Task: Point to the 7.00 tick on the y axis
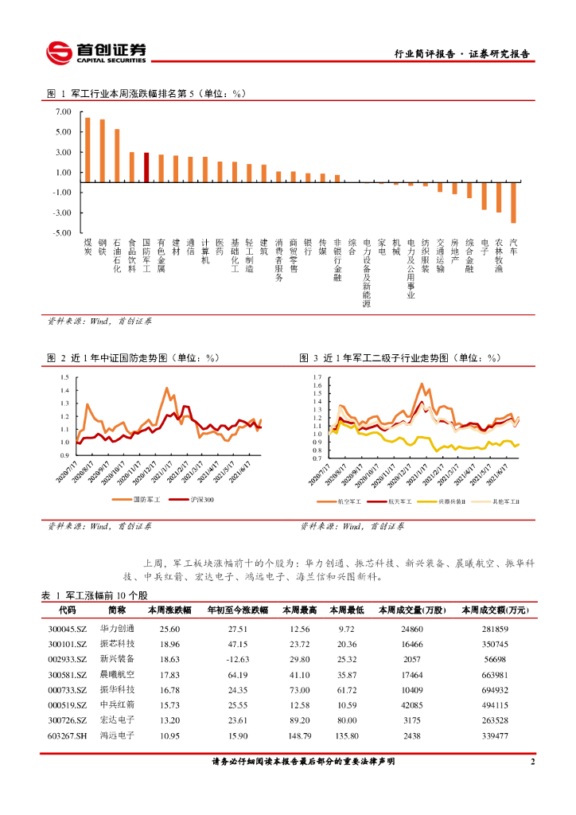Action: point(63,111)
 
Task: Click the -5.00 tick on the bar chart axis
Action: point(62,233)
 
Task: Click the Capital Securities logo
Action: point(95,52)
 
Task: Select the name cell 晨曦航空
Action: point(117,674)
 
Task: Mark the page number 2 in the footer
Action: point(532,762)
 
